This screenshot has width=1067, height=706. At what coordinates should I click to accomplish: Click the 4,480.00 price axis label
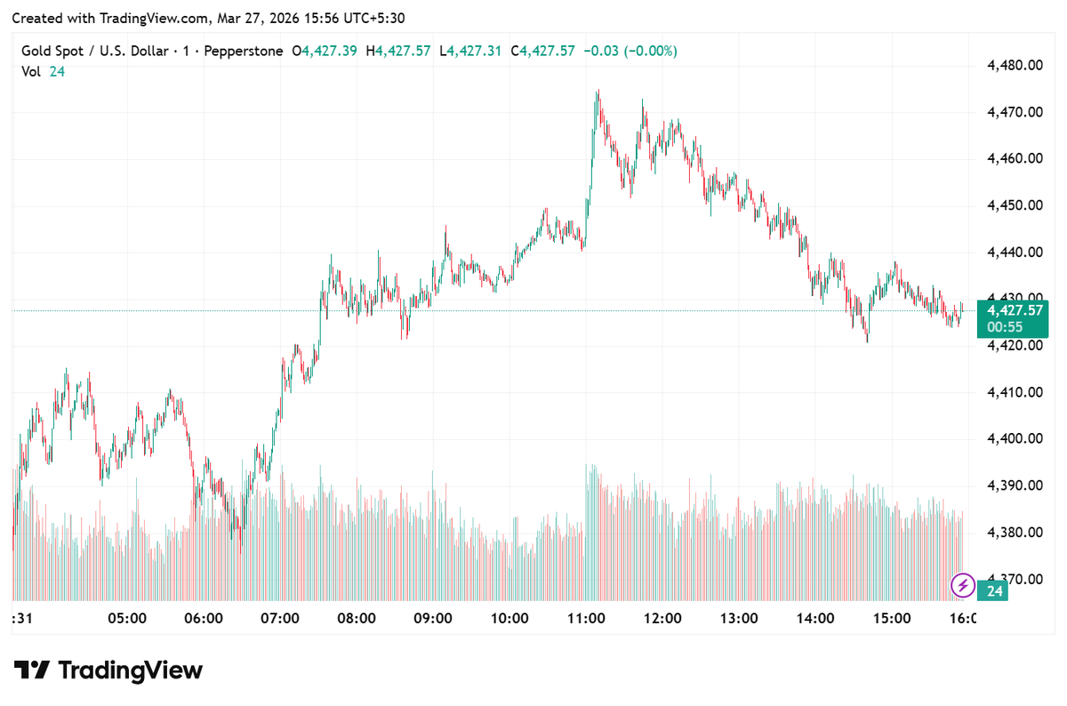[1015, 65]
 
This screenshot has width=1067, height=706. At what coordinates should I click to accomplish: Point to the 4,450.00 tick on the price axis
[1015, 205]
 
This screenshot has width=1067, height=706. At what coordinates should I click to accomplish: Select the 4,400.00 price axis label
[1015, 438]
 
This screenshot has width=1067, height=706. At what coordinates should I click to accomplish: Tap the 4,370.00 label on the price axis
[1015, 579]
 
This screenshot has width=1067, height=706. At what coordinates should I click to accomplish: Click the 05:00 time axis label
[126, 618]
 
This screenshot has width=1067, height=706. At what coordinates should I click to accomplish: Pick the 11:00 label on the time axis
[587, 618]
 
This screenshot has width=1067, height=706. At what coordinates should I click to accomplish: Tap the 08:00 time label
[357, 618]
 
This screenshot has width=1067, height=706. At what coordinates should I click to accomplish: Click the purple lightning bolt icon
[962, 585]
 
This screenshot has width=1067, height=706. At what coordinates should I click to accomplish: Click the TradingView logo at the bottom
[108, 670]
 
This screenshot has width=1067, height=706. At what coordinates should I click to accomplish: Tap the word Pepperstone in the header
[243, 52]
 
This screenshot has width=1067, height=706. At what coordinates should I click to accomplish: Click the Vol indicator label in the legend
[31, 72]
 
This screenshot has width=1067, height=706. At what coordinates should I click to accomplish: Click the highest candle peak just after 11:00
[598, 91]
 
